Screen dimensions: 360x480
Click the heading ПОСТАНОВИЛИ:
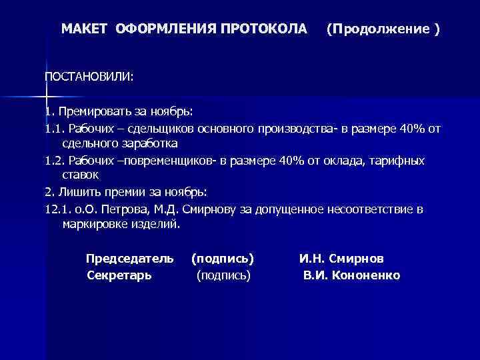89,77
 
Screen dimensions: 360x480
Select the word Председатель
130,258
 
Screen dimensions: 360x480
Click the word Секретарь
119,275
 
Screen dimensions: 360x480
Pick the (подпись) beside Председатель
223,258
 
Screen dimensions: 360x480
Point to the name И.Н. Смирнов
341,258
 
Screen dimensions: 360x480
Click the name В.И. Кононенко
352,275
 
